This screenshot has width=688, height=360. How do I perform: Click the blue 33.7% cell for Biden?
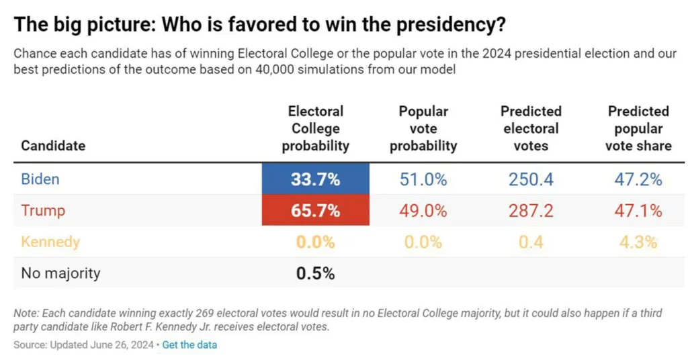(x=315, y=179)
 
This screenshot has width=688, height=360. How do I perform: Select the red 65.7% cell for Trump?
(x=315, y=210)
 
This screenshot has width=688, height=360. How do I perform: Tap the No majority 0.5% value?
(x=315, y=273)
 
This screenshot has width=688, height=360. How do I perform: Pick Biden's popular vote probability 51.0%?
(x=423, y=179)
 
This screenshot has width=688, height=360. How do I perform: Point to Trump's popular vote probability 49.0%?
(x=423, y=210)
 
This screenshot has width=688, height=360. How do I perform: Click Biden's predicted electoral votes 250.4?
(x=531, y=179)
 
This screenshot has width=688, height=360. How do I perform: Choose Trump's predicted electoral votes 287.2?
(x=531, y=210)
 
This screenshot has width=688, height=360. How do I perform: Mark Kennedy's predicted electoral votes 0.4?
(x=531, y=242)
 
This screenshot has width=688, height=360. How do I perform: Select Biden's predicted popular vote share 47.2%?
(x=638, y=179)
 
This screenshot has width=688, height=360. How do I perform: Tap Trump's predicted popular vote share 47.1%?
(x=638, y=210)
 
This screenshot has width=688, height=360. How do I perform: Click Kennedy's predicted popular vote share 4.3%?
(x=638, y=242)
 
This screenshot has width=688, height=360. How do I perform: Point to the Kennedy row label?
(x=50, y=242)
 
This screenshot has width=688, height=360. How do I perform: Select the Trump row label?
(x=43, y=210)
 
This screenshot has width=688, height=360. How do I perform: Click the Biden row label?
(x=40, y=179)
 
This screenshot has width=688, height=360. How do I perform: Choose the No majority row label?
(x=60, y=273)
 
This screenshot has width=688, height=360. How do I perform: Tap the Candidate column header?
(x=53, y=146)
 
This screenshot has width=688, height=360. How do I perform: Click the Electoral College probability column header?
(x=315, y=128)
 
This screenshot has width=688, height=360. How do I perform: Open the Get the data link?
(x=189, y=345)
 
